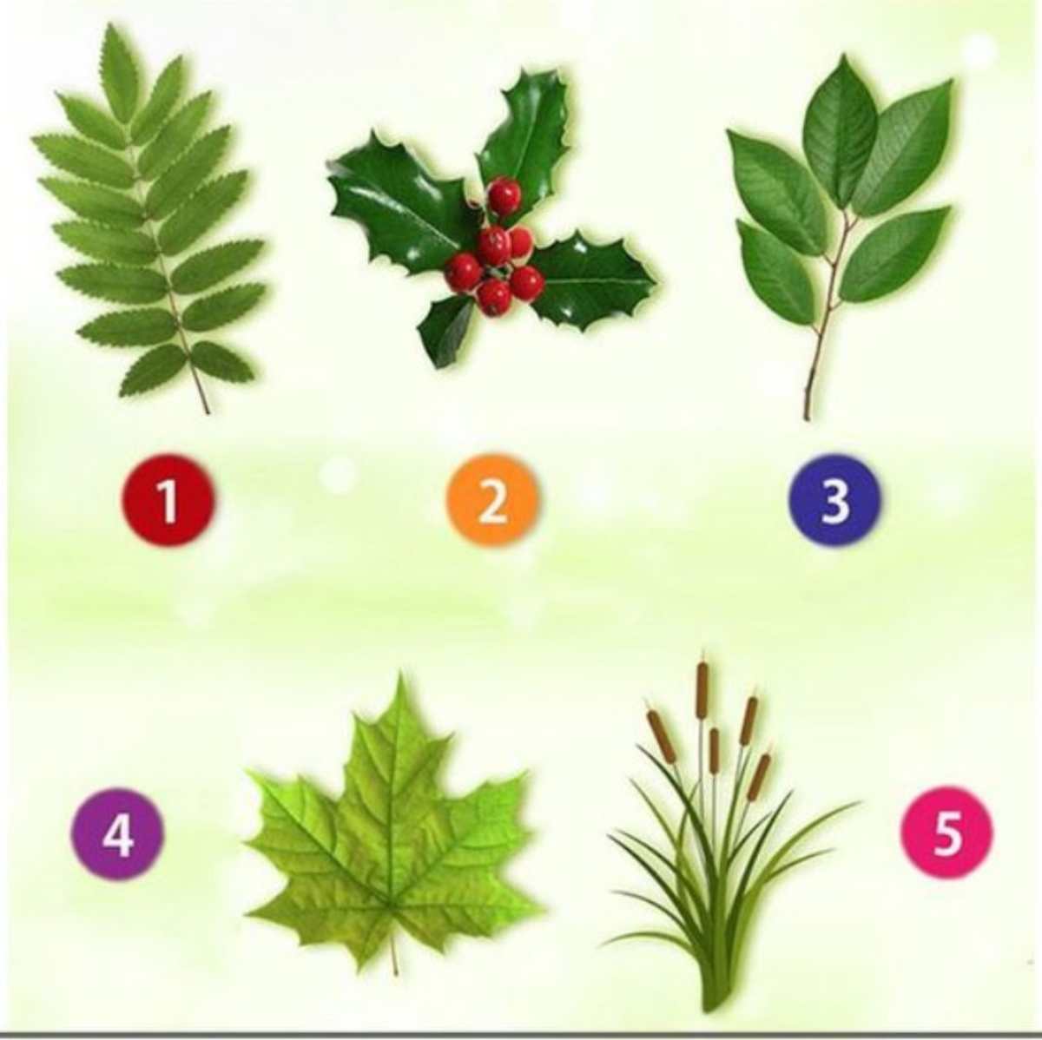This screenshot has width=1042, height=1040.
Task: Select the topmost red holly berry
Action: tap(505, 196)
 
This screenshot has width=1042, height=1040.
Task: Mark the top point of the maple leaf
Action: tap(400, 672)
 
